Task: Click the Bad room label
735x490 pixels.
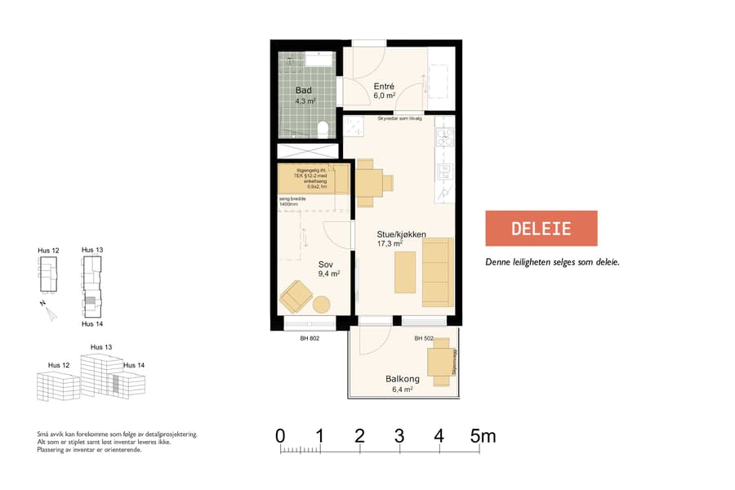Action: pos(303,91)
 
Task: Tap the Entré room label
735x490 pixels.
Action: pos(384,86)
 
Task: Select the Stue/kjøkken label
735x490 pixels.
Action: pos(402,234)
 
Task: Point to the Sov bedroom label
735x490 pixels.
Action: pos(326,265)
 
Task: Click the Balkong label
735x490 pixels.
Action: pos(402,379)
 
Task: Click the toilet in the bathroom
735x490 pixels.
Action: pos(323,128)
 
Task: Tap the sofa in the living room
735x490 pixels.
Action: pos(438,272)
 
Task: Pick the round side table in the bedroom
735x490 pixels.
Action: pos(321,305)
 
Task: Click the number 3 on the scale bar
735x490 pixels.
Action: pos(399,436)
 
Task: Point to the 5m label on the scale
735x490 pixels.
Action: pos(483,436)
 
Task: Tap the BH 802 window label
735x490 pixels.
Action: pos(309,338)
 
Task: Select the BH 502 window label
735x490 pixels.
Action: pos(423,338)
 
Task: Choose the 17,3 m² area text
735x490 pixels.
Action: pos(390,243)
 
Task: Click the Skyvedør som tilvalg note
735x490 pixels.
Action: pos(399,118)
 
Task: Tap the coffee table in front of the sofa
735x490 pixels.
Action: pos(405,273)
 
